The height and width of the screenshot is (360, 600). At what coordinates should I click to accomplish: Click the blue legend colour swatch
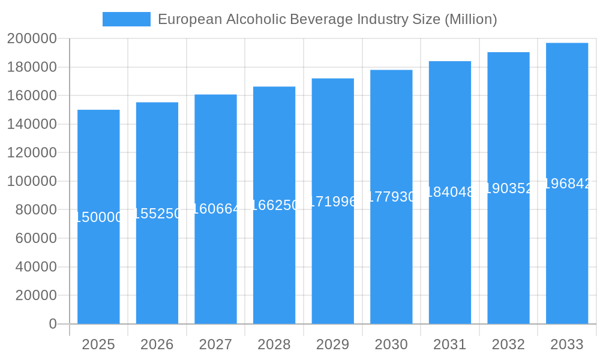click(127, 19)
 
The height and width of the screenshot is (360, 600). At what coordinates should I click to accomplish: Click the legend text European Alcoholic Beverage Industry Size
click(327, 19)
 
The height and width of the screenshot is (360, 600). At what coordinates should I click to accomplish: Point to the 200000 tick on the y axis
click(32, 39)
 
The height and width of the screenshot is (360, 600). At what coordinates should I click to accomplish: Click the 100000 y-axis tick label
click(32, 181)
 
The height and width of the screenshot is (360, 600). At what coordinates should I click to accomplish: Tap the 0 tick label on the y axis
click(52, 324)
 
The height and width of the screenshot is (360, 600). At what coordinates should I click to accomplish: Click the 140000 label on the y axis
click(32, 124)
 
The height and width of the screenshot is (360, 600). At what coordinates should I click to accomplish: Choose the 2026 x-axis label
click(157, 344)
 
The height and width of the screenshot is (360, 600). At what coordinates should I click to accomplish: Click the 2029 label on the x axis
click(333, 344)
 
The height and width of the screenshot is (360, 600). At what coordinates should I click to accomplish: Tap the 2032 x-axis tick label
click(508, 344)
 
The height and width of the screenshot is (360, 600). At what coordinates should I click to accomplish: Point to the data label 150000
click(99, 217)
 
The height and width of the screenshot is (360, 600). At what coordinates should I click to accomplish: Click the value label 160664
click(216, 209)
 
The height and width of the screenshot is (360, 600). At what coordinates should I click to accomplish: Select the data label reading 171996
click(333, 202)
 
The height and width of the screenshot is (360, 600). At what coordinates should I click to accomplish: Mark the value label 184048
click(450, 192)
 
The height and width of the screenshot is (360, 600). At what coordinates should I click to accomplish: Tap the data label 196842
click(567, 184)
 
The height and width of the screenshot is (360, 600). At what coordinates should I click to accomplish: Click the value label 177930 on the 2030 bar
click(391, 197)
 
